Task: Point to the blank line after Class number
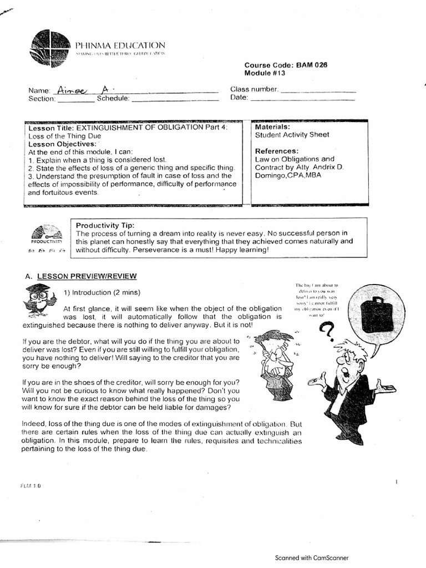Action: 318,91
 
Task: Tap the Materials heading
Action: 272,127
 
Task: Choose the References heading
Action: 277,151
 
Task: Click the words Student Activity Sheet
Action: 292,135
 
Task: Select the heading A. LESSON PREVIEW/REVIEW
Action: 81,276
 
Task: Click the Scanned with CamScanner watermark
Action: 312,559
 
